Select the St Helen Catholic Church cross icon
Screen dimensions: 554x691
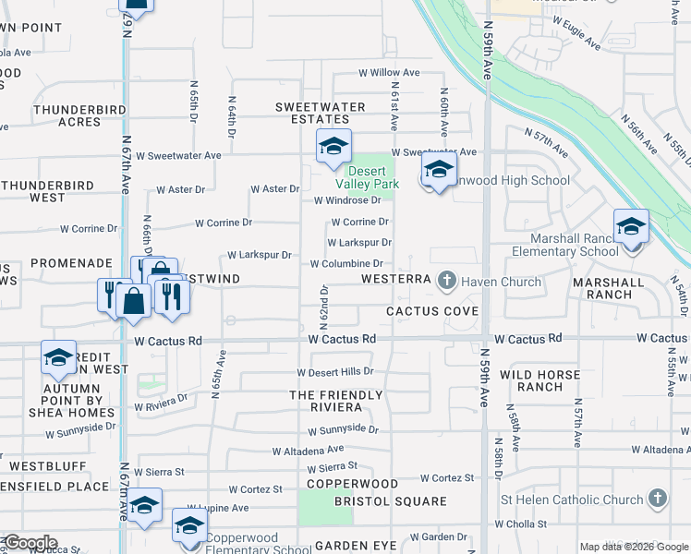pyautogui.click(x=657, y=500)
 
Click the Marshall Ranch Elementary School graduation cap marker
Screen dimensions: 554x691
pyautogui.click(x=631, y=227)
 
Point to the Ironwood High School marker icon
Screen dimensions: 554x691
pyautogui.click(x=439, y=170)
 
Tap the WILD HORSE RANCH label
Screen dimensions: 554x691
pyautogui.click(x=539, y=380)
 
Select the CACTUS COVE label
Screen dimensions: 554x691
pyautogui.click(x=432, y=311)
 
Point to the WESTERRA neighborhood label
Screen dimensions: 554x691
pyautogui.click(x=395, y=278)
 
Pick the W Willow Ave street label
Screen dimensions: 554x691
pyautogui.click(x=389, y=73)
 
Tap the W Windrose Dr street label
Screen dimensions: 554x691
pyautogui.click(x=347, y=200)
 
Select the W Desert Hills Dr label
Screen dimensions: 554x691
pyautogui.click(x=334, y=372)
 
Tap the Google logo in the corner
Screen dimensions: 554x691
pyautogui.click(x=30, y=543)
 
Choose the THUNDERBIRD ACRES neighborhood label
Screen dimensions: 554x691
pyautogui.click(x=67, y=114)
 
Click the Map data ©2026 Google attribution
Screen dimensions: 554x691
pyautogui.click(x=634, y=547)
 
